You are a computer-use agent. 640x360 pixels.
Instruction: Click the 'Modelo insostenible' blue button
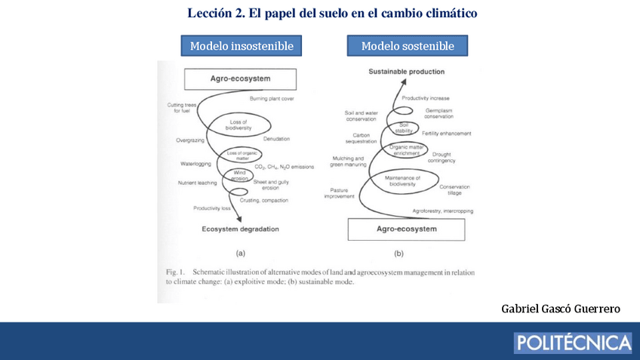pos(242,46)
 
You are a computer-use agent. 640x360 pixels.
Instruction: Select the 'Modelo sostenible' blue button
pos(408,46)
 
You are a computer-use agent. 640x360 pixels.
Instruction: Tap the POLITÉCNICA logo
pos(573,343)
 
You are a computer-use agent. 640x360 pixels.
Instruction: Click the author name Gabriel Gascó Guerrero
pos(561,309)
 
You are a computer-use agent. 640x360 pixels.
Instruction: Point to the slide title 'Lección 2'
pos(332,13)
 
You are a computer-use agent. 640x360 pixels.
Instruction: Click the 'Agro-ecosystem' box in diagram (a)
pos(240,78)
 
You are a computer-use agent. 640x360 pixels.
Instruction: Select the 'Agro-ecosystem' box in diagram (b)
pos(407,228)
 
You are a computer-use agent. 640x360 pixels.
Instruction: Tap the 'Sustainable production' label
pos(406,72)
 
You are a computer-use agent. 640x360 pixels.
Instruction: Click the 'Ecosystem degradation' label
pos(240,229)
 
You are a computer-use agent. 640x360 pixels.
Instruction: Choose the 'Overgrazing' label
pos(190,140)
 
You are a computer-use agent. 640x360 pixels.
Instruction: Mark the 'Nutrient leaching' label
pos(197,183)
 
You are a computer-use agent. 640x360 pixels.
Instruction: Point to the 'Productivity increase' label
pos(426,98)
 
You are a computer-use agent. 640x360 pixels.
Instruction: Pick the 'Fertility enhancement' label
pos(447,134)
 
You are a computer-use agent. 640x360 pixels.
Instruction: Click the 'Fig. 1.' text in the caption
pos(176,272)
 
